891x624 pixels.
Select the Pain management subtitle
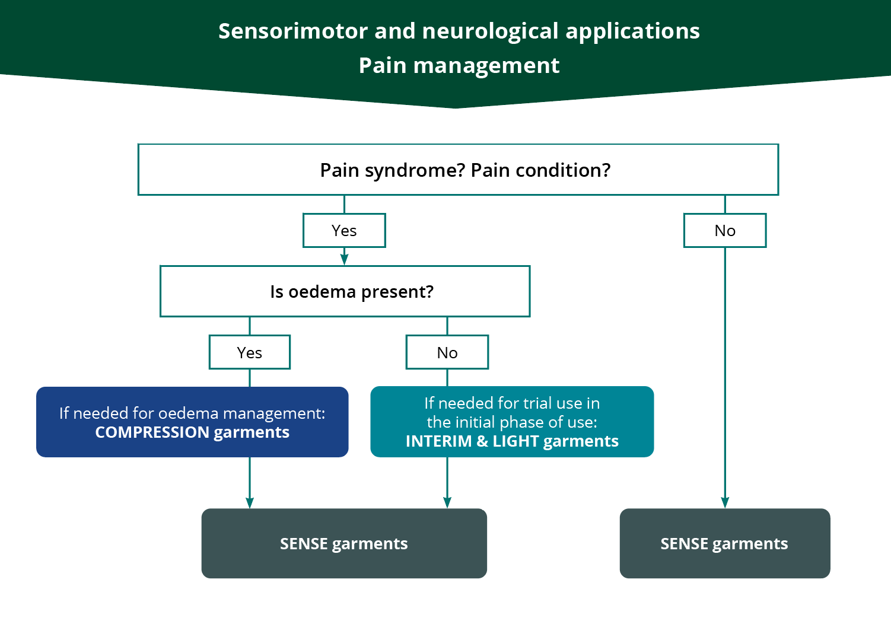point(459,65)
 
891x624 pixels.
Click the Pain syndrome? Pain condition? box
point(458,170)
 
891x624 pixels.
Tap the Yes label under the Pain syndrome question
point(344,231)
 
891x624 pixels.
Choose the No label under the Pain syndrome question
point(725,231)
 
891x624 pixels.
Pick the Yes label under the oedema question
point(249,352)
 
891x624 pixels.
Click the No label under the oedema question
point(447,352)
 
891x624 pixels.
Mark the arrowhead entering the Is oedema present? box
point(344,260)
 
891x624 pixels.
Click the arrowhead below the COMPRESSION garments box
point(250,502)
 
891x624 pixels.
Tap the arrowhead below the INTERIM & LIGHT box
point(447,502)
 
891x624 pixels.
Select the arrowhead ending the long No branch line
point(725,502)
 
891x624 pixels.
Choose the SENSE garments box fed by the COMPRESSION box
point(344,543)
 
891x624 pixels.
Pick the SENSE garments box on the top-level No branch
point(724,543)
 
